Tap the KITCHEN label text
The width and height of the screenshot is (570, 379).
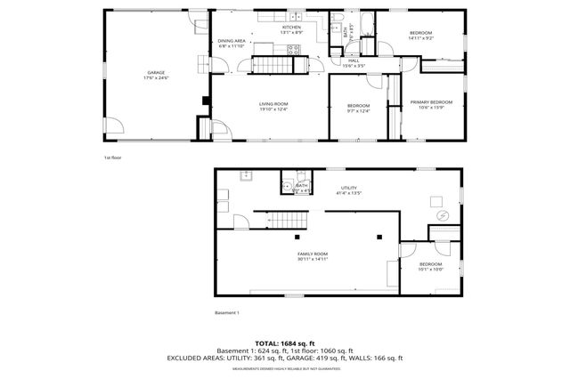(x=292, y=29)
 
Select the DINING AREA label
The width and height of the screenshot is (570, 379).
(x=232, y=43)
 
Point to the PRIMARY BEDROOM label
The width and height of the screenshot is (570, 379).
(x=431, y=104)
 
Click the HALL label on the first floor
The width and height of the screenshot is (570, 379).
(x=354, y=63)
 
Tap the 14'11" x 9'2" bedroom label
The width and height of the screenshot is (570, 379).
(x=420, y=35)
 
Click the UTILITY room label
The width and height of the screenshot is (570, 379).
(x=349, y=189)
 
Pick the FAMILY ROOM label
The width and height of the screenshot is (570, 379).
(x=313, y=255)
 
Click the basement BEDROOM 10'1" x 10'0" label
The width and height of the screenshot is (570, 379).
(x=430, y=266)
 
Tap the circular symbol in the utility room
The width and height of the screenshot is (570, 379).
(x=443, y=216)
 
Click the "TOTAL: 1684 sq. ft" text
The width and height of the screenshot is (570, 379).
(x=284, y=343)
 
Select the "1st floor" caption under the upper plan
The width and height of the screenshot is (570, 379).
(x=113, y=157)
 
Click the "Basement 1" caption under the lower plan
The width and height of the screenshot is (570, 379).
(x=227, y=312)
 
